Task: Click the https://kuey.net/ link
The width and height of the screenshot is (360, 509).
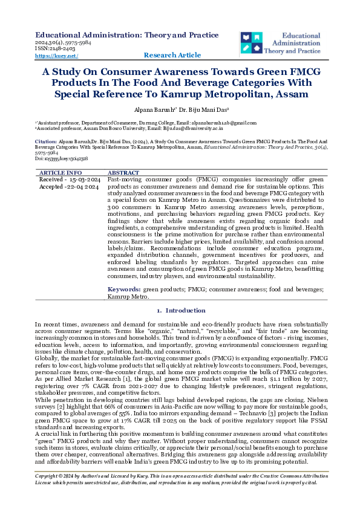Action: click(x=57, y=56)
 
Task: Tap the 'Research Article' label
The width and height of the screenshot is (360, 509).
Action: click(x=172, y=56)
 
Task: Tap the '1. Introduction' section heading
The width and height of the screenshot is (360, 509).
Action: click(x=180, y=310)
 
